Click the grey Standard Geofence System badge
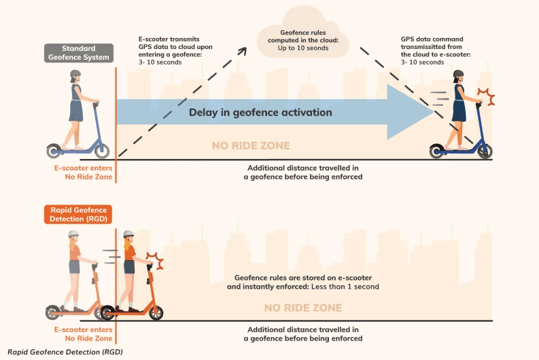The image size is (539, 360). click(79, 53)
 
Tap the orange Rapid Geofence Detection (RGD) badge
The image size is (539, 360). click(78, 215)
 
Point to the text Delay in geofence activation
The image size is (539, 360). click(260, 112)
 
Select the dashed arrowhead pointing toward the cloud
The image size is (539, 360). click(243, 51)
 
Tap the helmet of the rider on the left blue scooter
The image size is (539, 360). click(75, 73)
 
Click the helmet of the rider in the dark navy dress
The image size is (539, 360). click(458, 74)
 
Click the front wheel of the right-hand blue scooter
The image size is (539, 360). click(485, 151)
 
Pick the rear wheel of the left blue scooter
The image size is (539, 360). click(54, 151)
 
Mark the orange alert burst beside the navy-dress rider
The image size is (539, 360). click(486, 96)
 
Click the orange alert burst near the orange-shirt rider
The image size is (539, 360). click(156, 260)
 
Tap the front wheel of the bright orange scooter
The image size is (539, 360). click(156, 312)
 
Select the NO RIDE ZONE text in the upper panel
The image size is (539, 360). click(251, 145)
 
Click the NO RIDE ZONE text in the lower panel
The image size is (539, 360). click(303, 308)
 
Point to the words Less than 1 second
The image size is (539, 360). click(345, 287)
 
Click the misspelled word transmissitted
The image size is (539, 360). click(431, 47)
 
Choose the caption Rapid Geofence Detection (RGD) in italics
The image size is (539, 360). click(65, 352)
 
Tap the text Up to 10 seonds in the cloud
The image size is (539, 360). click(303, 48)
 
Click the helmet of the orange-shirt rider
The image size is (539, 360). click(128, 234)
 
